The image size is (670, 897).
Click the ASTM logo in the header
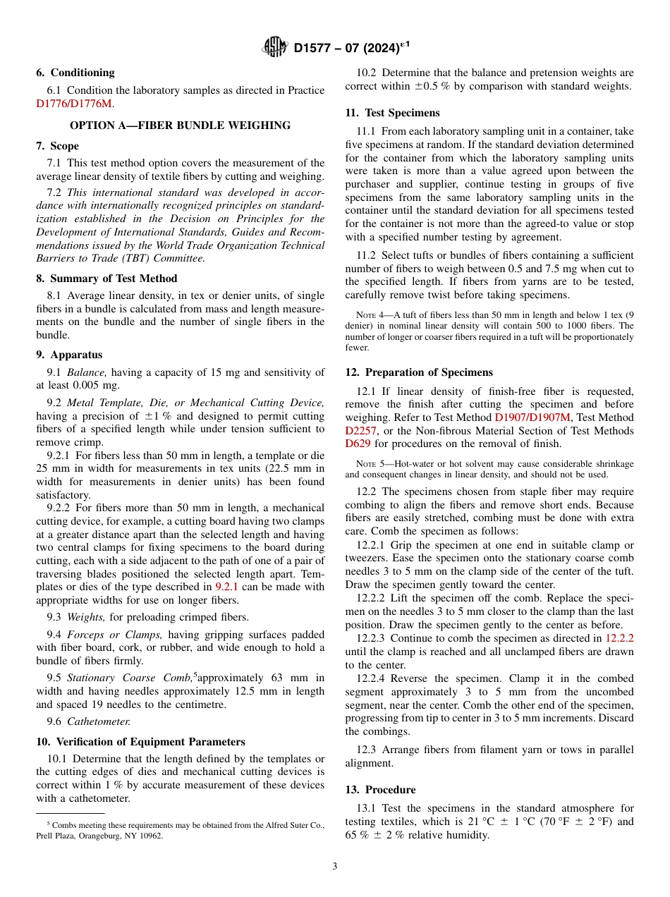(x=274, y=47)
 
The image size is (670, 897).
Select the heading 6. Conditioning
(x=75, y=73)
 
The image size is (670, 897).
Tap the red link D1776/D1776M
(x=74, y=104)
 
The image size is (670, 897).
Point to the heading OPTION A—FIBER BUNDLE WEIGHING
(x=180, y=126)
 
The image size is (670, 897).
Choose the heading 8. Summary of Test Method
(x=106, y=279)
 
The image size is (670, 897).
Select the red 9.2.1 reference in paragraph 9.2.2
(x=227, y=587)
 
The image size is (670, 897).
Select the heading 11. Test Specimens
(x=392, y=113)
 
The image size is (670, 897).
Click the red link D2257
(x=361, y=431)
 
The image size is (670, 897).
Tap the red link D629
(x=358, y=444)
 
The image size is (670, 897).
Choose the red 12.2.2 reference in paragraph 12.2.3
(x=619, y=637)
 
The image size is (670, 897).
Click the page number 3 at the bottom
(x=335, y=867)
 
